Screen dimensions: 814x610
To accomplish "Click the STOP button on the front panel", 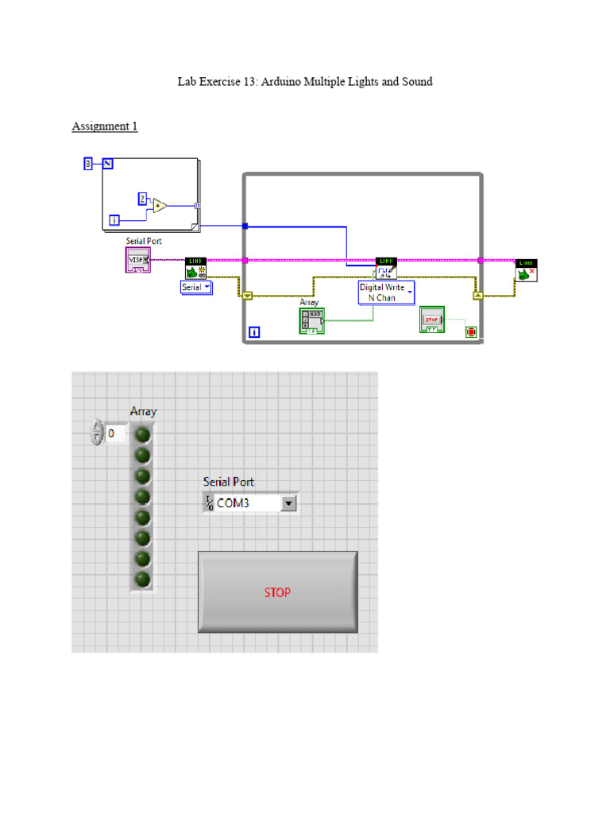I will click(277, 592).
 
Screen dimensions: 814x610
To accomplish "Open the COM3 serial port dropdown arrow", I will click(288, 503).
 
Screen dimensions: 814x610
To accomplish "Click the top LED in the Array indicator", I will click(143, 435).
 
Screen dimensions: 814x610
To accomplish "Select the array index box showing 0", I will click(116, 434).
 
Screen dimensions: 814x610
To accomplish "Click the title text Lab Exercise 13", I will click(304, 82).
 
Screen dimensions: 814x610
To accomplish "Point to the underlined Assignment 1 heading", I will click(105, 126).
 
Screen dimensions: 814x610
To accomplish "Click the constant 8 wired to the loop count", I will click(88, 164).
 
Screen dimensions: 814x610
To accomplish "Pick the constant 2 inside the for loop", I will click(142, 198).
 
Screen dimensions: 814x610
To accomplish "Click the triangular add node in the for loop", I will click(160, 205).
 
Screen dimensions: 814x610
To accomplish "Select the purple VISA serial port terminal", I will click(137, 259).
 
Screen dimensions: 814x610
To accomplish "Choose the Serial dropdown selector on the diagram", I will click(196, 287).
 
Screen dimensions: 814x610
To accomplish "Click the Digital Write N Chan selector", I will click(387, 292).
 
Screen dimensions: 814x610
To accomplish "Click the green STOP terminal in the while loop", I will click(431, 320).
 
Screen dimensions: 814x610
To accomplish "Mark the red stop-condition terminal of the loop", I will click(472, 331).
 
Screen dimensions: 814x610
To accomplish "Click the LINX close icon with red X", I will click(526, 270).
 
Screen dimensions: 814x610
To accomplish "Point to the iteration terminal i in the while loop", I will click(254, 332).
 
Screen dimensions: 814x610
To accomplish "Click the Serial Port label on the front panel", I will click(229, 482).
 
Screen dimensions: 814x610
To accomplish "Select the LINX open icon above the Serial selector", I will click(195, 268).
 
